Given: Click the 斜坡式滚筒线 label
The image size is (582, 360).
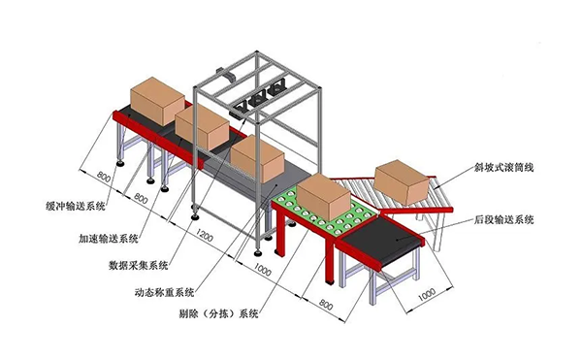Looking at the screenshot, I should point(504,168).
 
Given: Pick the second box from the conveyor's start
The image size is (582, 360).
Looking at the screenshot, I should point(202,124).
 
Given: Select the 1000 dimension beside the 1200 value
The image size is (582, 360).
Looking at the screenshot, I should point(262,262).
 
